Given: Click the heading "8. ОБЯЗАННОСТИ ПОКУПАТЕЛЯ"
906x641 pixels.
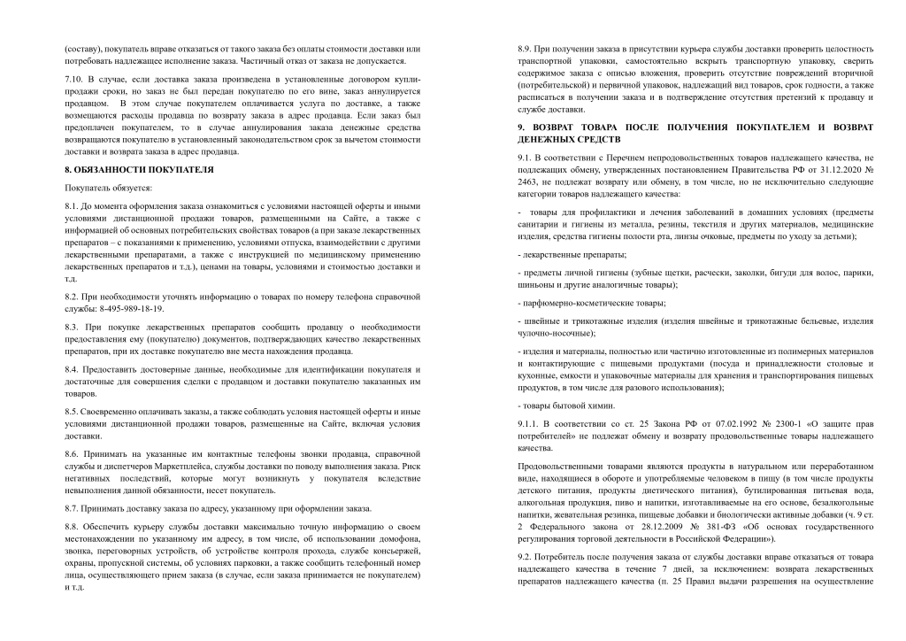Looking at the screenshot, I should (x=139, y=168).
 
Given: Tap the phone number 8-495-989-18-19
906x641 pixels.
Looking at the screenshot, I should (x=123, y=308).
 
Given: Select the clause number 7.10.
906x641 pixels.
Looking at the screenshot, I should (x=74, y=80).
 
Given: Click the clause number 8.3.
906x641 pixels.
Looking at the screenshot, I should (x=73, y=327).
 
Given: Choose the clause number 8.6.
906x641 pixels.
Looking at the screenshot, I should (x=73, y=453).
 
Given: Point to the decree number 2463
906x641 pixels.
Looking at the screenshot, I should (x=532, y=181).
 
